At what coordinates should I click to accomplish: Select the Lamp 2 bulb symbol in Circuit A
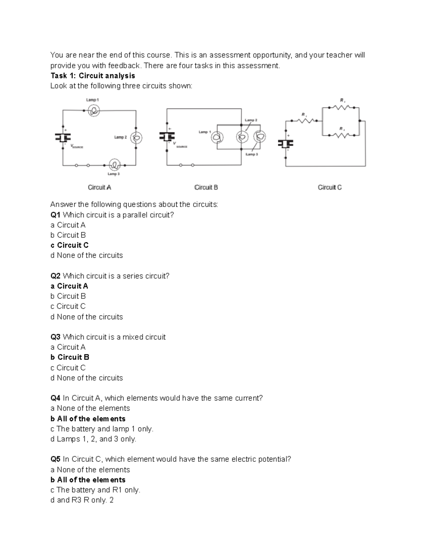(x=135, y=138)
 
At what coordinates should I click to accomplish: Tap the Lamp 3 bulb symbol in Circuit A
(x=115, y=165)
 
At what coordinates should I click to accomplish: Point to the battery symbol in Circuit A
(x=63, y=138)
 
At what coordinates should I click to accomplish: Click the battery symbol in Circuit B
(x=167, y=137)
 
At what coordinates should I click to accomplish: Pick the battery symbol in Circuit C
(x=286, y=144)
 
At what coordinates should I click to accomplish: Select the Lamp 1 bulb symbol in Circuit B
(x=217, y=138)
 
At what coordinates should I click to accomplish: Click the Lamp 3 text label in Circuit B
(x=252, y=154)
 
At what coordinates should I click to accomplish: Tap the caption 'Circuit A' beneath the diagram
(x=99, y=187)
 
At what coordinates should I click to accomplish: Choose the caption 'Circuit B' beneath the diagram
(x=206, y=187)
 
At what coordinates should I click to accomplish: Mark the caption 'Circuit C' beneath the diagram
(x=330, y=187)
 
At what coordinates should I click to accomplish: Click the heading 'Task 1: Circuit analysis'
(x=93, y=76)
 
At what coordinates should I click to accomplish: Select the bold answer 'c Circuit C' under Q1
(x=69, y=245)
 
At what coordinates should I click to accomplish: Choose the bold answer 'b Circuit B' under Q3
(x=70, y=357)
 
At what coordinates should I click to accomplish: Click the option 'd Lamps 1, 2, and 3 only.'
(x=93, y=439)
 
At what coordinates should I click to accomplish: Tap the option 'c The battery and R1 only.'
(x=95, y=490)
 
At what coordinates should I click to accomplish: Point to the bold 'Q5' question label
(x=55, y=459)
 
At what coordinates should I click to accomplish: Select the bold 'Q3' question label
(x=55, y=337)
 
